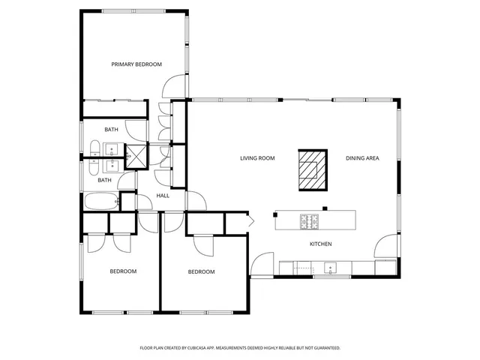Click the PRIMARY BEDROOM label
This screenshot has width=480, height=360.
[136, 64]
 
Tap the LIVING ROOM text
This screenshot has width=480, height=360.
[257, 158]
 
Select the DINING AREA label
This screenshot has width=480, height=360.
[361, 158]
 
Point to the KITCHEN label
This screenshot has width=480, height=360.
[321, 244]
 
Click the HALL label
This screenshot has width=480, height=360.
[163, 196]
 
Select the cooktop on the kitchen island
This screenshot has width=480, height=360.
[310, 220]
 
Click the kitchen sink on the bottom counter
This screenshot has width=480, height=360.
[329, 267]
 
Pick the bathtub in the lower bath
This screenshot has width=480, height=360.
[100, 202]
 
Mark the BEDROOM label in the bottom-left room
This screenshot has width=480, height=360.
[123, 271]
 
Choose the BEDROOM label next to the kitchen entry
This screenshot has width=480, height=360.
[201, 271]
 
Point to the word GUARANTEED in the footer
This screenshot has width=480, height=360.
[325, 348]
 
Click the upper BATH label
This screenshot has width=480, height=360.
[111, 130]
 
